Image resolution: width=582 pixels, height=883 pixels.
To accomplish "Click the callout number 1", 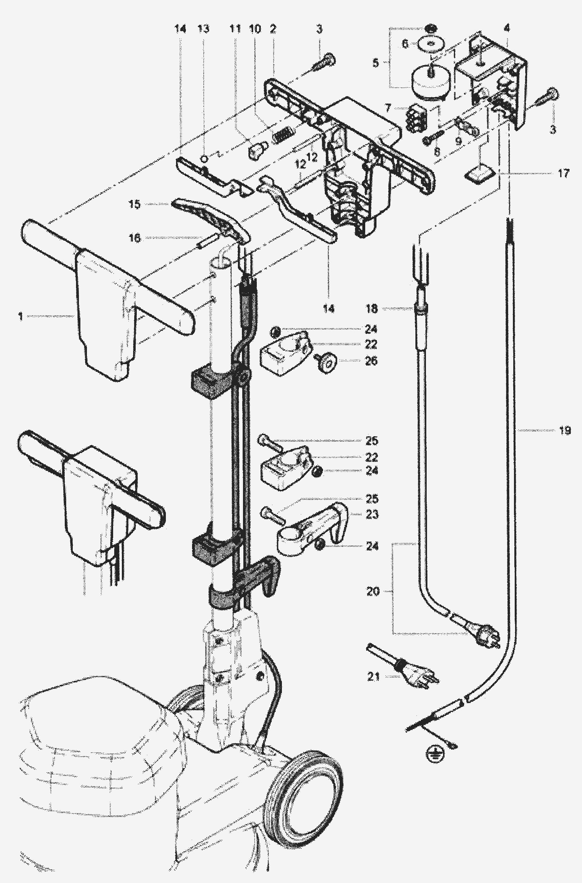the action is (20, 316).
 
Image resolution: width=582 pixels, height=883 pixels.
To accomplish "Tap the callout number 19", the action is (565, 431).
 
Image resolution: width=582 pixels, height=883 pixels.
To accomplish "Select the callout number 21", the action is (374, 677).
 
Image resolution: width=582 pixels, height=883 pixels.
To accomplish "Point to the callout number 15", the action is (135, 204).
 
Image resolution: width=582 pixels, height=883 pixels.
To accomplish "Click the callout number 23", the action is (372, 515).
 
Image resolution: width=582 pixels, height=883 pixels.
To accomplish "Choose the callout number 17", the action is (563, 173).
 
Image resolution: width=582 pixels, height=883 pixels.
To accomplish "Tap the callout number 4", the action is (507, 27).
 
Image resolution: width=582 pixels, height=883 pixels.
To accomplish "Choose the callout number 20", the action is (372, 591).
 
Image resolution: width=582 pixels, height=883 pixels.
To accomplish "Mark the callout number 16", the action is (135, 238).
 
